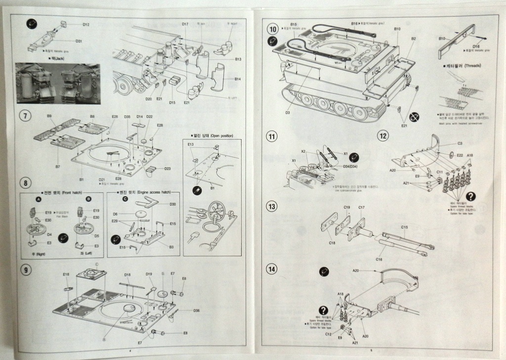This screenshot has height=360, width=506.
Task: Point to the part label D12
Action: pos(86,24)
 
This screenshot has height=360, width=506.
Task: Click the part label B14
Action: pos(238,79)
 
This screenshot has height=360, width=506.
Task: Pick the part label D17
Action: pos(185,24)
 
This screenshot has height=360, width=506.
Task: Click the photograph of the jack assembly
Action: pos(58,83)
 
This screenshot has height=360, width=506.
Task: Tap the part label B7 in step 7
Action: pos(58,167)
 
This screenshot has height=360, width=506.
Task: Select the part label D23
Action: pos(168,169)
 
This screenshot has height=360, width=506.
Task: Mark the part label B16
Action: pos(354,23)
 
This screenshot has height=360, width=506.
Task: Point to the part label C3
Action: pos(459,143)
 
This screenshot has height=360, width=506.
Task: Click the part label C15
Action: pos(404,227)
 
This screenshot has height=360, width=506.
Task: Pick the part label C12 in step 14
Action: pos(328,334)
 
